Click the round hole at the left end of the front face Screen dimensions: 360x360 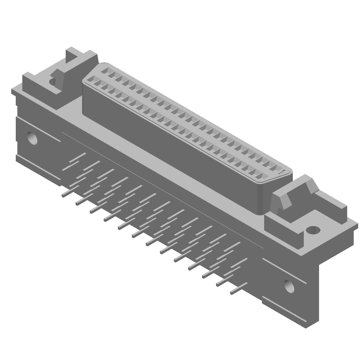click(32, 137)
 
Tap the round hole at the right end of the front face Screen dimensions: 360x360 click(288, 285)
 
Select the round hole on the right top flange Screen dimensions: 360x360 click(313, 230)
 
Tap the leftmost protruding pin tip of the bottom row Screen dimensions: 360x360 click(64, 194)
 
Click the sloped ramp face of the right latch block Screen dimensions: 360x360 click(288, 198)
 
